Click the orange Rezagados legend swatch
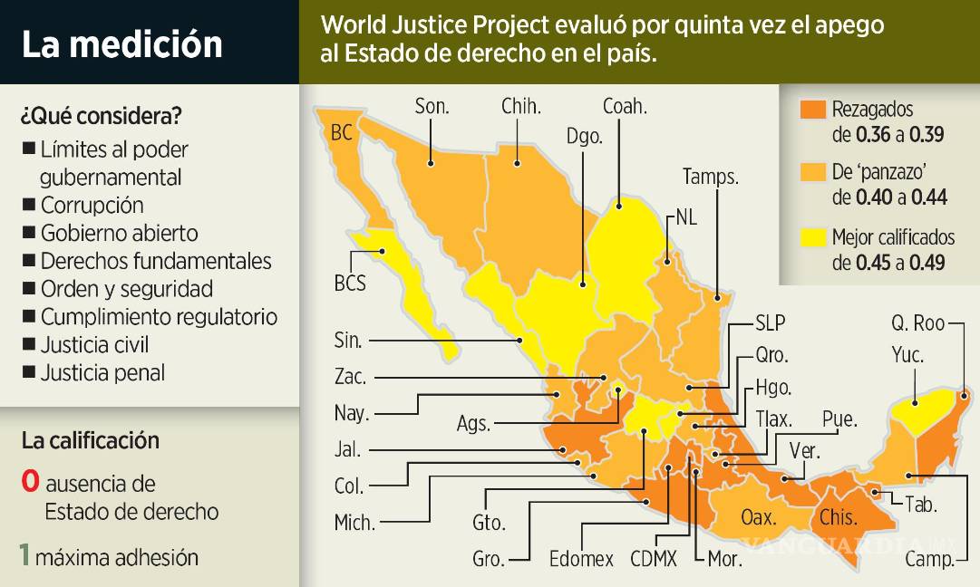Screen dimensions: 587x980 click(812, 110)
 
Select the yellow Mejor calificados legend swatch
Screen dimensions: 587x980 click(812, 238)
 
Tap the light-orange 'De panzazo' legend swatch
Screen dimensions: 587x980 click(812, 172)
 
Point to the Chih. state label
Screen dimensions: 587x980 click(521, 107)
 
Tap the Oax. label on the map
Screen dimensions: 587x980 click(758, 517)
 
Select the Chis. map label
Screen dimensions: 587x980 click(837, 518)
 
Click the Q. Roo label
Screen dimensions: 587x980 click(917, 323)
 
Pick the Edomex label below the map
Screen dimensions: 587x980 click(581, 559)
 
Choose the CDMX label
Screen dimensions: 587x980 click(654, 559)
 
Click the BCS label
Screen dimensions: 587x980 click(350, 284)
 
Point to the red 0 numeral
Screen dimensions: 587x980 click(30, 482)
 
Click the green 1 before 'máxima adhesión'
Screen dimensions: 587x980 click(26, 555)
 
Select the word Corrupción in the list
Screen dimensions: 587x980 click(92, 205)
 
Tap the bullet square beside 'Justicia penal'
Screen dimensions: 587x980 click(29, 371)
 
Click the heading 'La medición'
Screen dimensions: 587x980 click(121, 43)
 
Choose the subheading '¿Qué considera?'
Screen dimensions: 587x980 click(100, 116)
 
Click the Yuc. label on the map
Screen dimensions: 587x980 click(907, 356)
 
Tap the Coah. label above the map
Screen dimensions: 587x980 click(625, 107)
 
